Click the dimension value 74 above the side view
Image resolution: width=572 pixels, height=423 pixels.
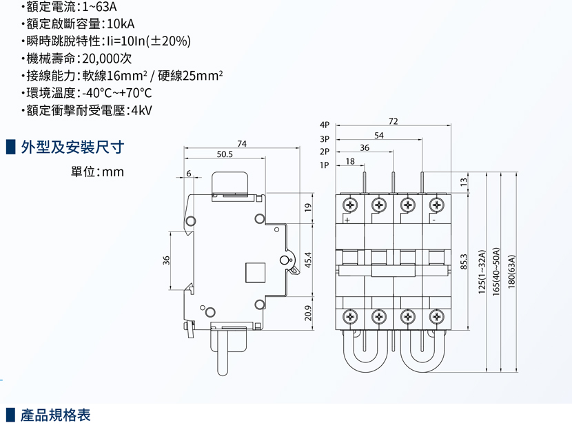242,143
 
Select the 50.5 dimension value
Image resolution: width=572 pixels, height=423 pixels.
225,154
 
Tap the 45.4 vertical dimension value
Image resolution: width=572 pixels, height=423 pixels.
309,260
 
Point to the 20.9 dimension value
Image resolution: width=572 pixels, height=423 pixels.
309,313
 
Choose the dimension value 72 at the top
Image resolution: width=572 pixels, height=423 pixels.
393,121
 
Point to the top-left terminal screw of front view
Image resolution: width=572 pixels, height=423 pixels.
351,205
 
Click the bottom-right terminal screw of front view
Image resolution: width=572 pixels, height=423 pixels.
436,317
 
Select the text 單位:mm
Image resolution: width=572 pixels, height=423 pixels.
98,172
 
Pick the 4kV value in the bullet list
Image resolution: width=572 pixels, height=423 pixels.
141,110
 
